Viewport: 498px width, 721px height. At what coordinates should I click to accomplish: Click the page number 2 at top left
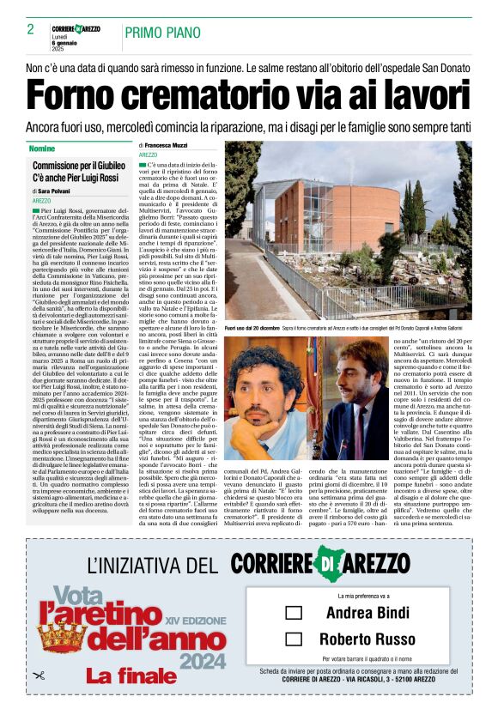[x=30, y=29]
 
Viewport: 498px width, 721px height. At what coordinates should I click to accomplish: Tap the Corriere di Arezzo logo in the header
[x=76, y=28]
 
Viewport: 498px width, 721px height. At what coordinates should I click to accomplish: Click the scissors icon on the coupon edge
[x=37, y=676]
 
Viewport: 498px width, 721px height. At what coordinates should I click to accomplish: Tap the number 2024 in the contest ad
[x=203, y=661]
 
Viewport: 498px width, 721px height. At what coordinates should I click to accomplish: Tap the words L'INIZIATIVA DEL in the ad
[x=153, y=565]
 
